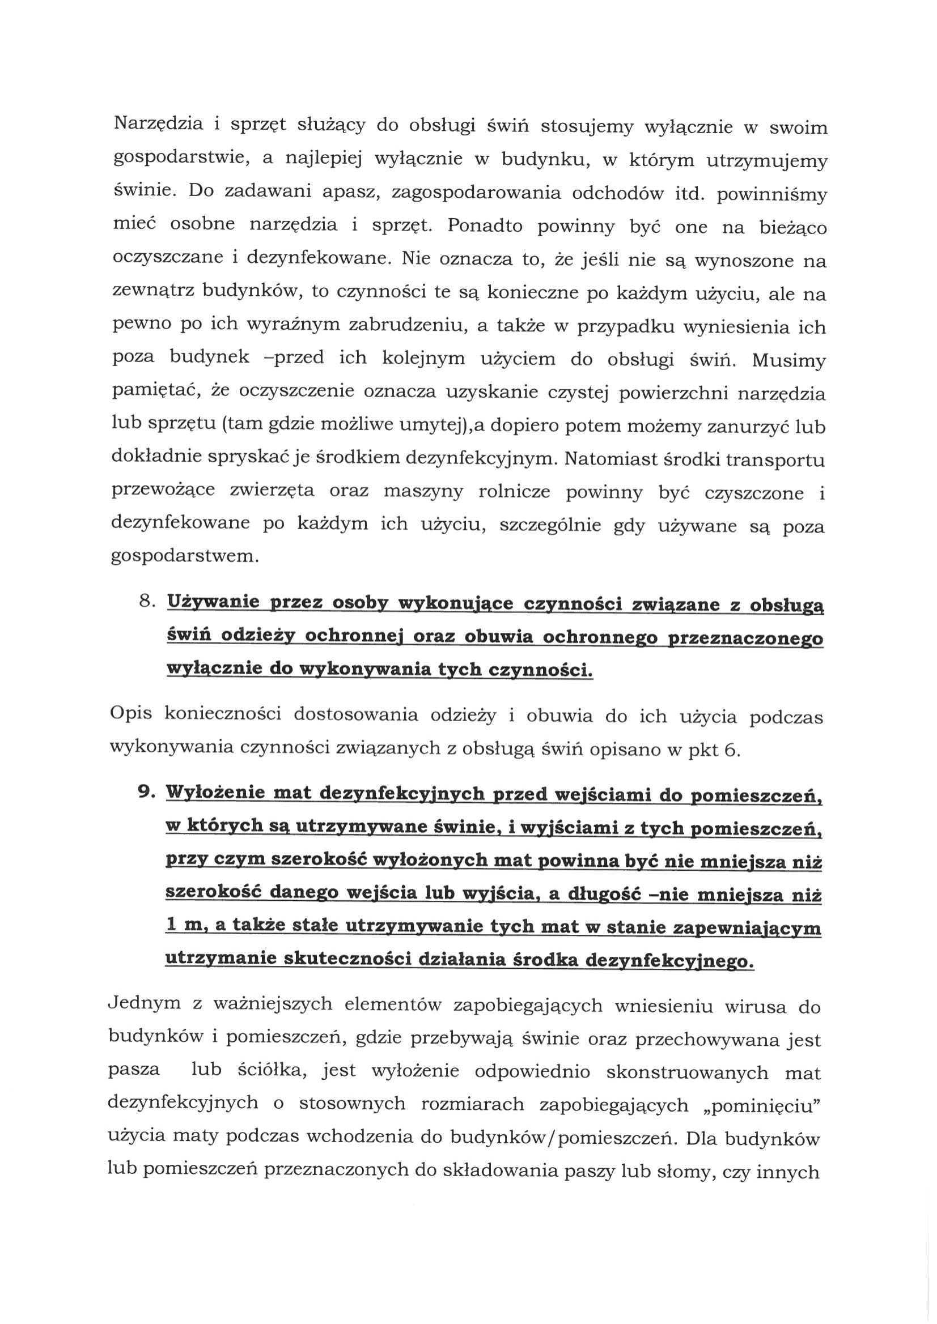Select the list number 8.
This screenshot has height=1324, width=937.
(147, 602)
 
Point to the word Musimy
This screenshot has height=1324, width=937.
(788, 360)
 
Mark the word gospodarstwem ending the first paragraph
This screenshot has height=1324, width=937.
(184, 557)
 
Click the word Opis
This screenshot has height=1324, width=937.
(131, 714)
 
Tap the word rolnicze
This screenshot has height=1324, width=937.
(513, 492)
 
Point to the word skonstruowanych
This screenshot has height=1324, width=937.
(686, 1072)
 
